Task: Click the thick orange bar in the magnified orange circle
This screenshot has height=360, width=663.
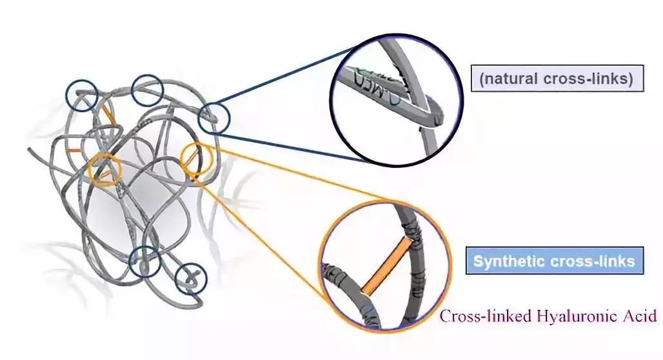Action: (386, 266)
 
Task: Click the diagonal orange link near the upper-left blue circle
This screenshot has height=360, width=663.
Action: (109, 114)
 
